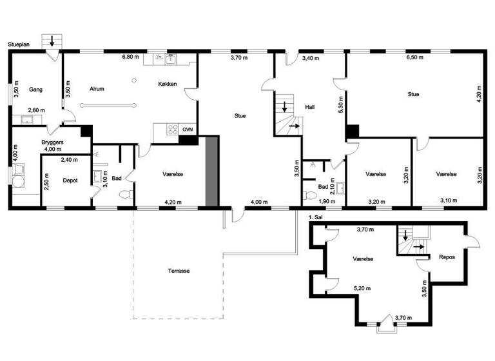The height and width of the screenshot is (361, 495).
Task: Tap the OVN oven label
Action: (x=188, y=130)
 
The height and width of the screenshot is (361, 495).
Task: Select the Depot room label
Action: (x=70, y=180)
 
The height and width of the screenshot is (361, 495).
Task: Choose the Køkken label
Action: (x=168, y=84)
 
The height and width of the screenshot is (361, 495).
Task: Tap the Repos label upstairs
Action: (x=448, y=256)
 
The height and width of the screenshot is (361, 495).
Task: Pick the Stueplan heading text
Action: (x=20, y=45)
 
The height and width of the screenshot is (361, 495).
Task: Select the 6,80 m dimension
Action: (x=131, y=57)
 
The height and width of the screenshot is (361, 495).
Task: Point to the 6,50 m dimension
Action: (x=415, y=57)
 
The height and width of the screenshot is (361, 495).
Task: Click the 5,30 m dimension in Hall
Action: (x=342, y=104)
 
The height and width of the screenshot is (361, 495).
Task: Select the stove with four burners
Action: (x=173, y=129)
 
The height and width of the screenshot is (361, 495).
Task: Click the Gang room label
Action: (x=35, y=89)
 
